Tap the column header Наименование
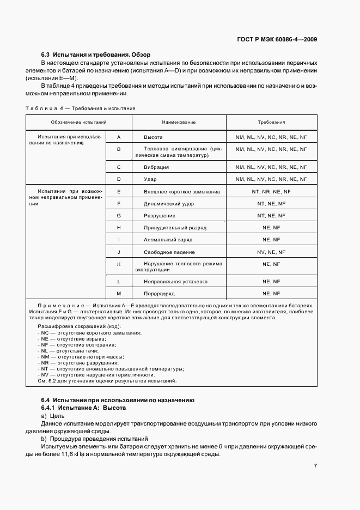[x=179, y=123]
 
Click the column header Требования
[x=271, y=123]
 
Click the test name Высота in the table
[x=153, y=137]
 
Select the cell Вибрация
[x=156, y=167]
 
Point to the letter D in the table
[x=118, y=179]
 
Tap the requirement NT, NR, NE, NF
[x=271, y=192]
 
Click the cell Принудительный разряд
[x=175, y=228]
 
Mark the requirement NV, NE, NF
[x=271, y=252]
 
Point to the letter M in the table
[x=118, y=294]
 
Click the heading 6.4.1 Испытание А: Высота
[x=84, y=408]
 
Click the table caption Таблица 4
[x=44, y=108]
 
